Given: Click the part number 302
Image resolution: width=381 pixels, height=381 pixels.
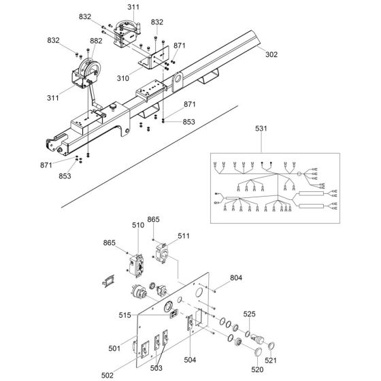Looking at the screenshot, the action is pyautogui.click(x=271, y=54).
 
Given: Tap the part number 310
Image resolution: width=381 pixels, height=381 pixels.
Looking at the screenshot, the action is pyautogui.click(x=123, y=78).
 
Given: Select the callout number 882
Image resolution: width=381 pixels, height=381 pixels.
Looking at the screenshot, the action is pyautogui.click(x=96, y=41).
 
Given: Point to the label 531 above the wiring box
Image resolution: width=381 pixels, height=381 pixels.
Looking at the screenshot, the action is pyautogui.click(x=261, y=129).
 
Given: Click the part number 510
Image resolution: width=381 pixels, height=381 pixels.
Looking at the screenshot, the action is pyautogui.click(x=138, y=225).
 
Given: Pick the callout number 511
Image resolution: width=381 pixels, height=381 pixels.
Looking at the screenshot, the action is pyautogui.click(x=184, y=235).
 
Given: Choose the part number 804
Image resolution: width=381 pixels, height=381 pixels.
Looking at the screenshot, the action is pyautogui.click(x=236, y=278).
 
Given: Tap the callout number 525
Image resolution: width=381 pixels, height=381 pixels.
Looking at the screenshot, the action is pyautogui.click(x=249, y=314).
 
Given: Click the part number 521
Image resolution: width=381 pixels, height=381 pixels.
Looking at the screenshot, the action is pyautogui.click(x=271, y=360).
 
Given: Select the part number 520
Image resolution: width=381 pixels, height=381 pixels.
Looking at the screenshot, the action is pyautogui.click(x=257, y=369).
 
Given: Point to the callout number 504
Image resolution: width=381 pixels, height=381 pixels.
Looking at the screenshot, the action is pyautogui.click(x=190, y=360).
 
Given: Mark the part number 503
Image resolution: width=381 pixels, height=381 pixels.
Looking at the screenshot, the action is pyautogui.click(x=156, y=368).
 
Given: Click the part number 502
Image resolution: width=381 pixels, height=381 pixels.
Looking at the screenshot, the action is pyautogui.click(x=107, y=375).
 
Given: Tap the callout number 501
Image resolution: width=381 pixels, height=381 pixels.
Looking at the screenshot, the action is pyautogui.click(x=114, y=348).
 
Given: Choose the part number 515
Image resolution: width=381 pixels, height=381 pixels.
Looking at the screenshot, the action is pyautogui.click(x=125, y=315).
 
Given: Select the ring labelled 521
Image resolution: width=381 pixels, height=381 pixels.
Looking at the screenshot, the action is pyautogui.click(x=271, y=346).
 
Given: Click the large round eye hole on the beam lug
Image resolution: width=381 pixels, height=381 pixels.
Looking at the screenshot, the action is pyautogui.click(x=178, y=79).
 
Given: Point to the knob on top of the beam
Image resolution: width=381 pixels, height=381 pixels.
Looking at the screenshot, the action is pyautogui.click(x=112, y=106).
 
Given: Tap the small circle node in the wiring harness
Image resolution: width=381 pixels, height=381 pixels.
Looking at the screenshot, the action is pyautogui.click(x=299, y=174).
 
